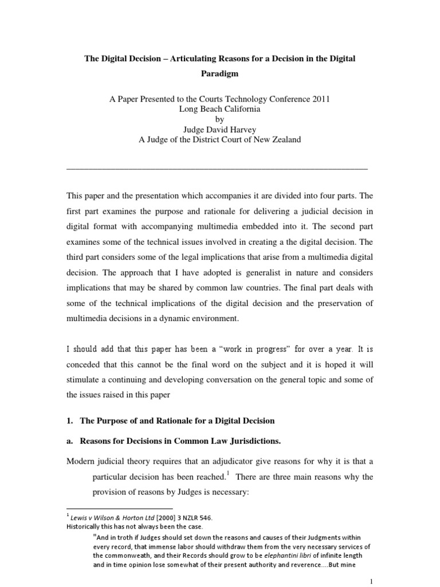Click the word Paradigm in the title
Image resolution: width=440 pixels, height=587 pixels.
click(x=219, y=74)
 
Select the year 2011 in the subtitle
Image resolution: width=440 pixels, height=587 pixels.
click(x=318, y=99)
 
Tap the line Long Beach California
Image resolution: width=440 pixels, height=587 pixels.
click(x=219, y=109)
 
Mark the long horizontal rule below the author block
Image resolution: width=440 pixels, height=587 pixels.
click(x=217, y=169)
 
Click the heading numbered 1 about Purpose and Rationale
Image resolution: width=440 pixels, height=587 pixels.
click(x=171, y=421)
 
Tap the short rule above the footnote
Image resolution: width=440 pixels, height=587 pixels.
click(x=120, y=508)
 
